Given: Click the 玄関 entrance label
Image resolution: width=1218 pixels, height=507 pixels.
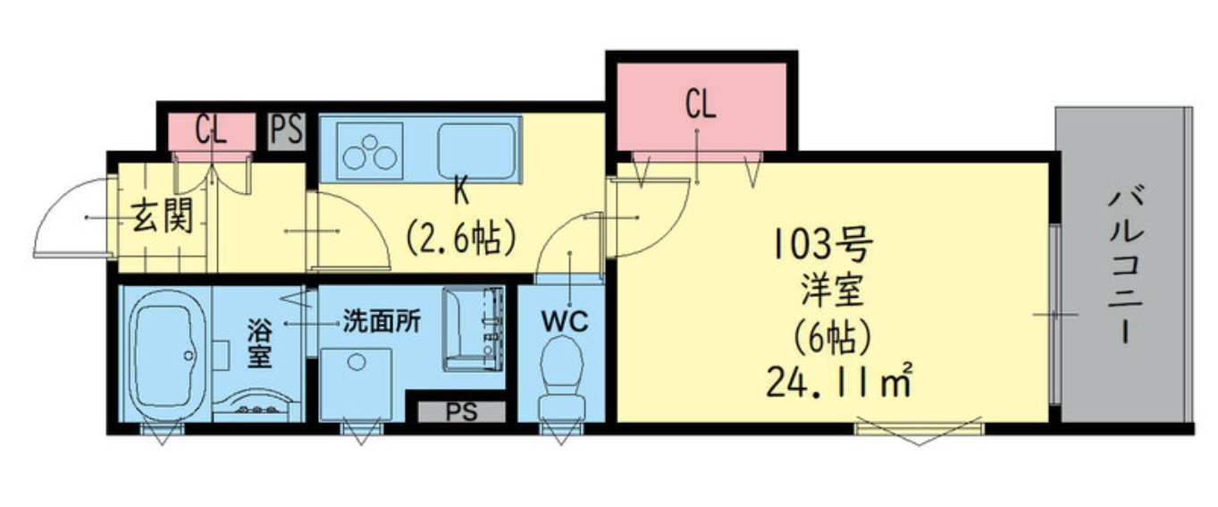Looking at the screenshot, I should point(163,218).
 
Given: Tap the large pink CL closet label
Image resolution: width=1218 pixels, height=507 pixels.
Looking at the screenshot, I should point(701,105).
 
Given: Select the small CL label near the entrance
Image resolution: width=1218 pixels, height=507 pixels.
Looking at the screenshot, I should point(212,131).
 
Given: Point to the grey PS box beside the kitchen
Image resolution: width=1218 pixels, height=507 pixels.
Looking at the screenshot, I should point(287,131).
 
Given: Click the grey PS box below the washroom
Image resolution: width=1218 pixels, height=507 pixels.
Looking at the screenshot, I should point(461,412).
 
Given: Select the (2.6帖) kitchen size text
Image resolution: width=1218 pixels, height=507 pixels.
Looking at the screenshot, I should point(461,237).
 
